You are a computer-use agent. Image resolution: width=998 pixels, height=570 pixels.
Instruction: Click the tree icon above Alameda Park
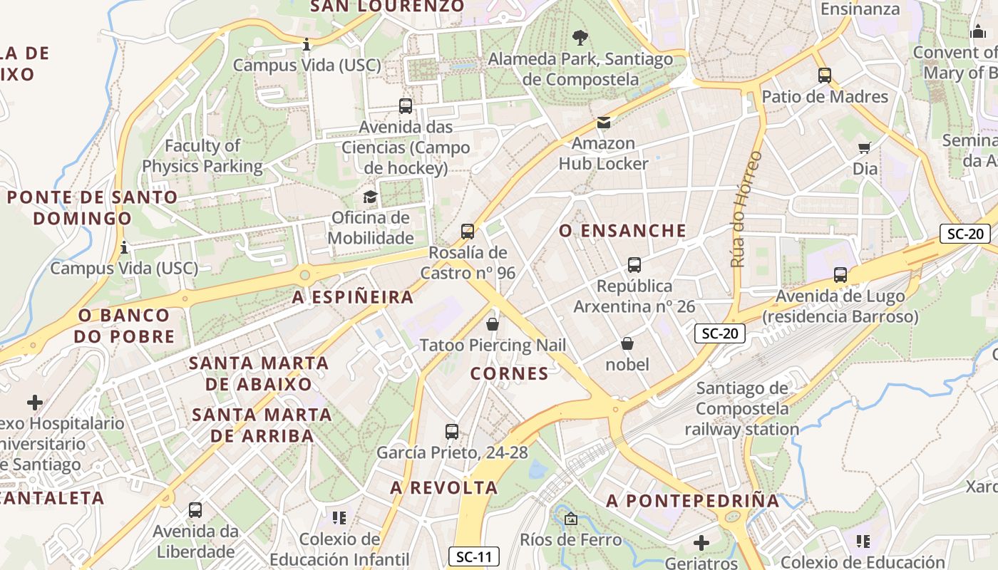coord(580,37)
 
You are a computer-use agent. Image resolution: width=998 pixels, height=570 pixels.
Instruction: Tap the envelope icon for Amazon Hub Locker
coord(604,123)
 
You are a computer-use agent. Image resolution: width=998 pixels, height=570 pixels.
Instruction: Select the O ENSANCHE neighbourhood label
coord(622,231)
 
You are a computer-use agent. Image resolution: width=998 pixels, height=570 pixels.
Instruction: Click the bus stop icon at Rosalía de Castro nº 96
coord(468,232)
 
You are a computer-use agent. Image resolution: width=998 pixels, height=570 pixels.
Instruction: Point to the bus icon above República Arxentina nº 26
coord(634,265)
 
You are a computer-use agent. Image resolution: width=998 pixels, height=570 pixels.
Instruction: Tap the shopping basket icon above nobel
coord(627,343)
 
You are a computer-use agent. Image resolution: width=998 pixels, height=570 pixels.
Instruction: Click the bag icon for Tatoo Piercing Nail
coord(492,324)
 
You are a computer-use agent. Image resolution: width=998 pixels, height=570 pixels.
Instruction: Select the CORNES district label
coord(510,373)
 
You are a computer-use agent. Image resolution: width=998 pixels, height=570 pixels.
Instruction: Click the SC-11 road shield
coord(474,556)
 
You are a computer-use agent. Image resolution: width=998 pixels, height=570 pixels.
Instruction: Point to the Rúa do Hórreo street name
coord(746,209)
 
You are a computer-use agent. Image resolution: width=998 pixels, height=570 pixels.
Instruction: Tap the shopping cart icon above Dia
coord(865,147)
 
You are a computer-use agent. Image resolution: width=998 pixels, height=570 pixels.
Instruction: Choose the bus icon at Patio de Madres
coord(825,75)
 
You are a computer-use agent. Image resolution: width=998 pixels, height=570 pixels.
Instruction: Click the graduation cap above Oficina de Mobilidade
coord(370,197)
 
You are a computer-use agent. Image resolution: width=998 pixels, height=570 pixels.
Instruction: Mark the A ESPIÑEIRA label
coord(353,297)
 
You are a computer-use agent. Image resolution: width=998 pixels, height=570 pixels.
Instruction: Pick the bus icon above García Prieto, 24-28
coord(452,431)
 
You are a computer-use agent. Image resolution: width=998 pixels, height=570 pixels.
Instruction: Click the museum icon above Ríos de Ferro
coord(570,519)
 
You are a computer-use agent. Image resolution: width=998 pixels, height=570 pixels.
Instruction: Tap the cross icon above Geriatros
coord(701,543)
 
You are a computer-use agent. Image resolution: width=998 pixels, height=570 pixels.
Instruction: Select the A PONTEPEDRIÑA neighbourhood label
coord(693,501)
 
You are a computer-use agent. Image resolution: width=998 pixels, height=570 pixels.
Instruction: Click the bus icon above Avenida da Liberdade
coord(195,510)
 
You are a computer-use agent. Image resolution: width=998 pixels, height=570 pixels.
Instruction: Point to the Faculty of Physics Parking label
coord(202,156)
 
